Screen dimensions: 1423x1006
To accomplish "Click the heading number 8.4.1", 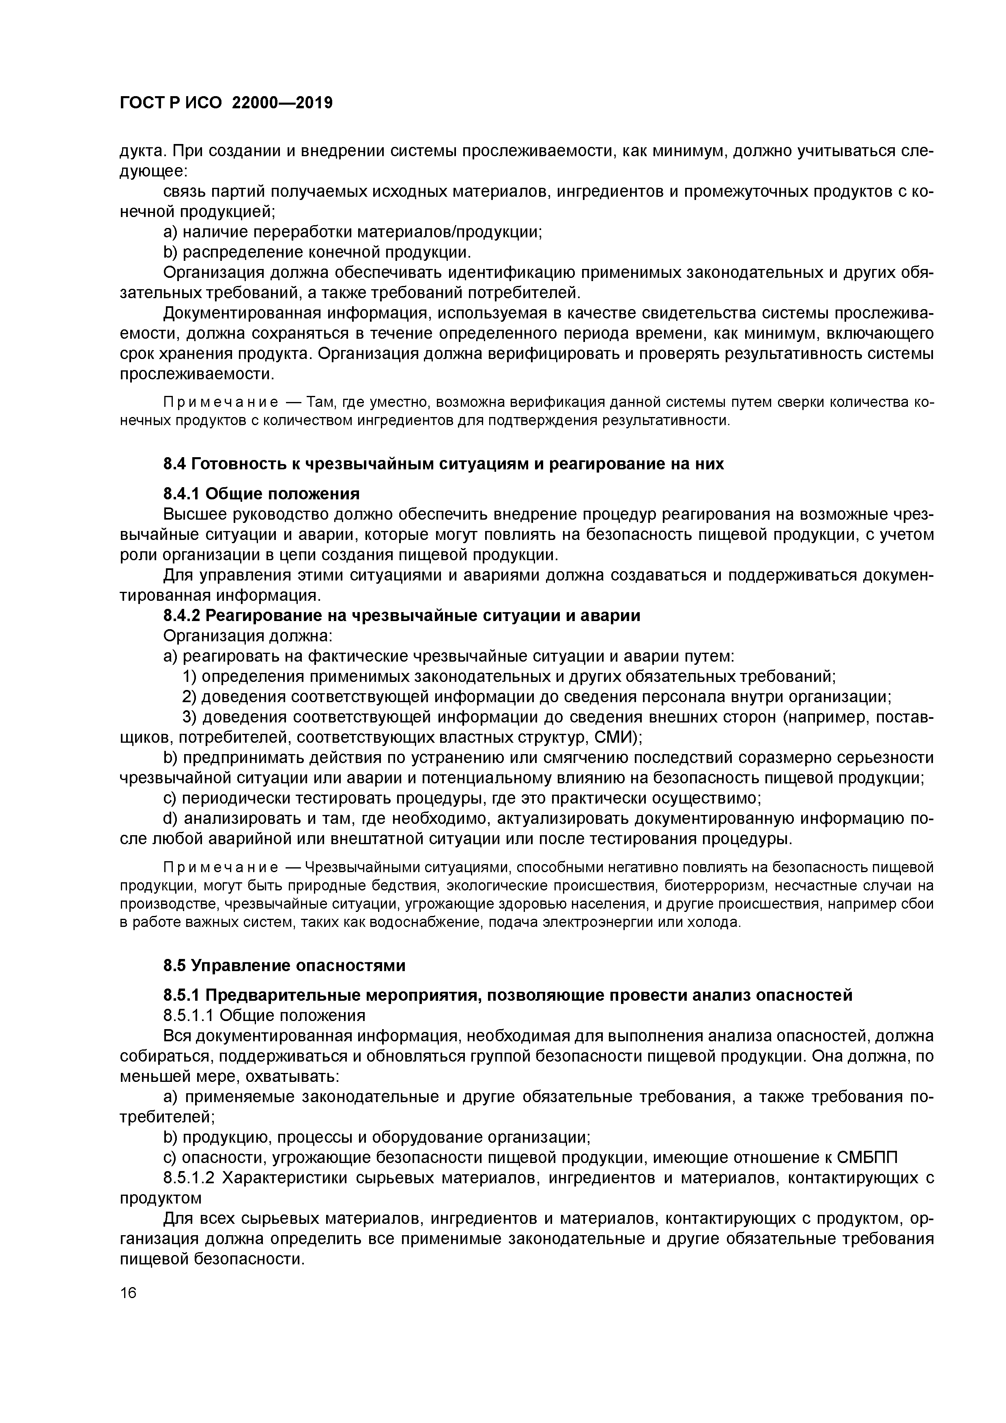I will [x=182, y=494].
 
